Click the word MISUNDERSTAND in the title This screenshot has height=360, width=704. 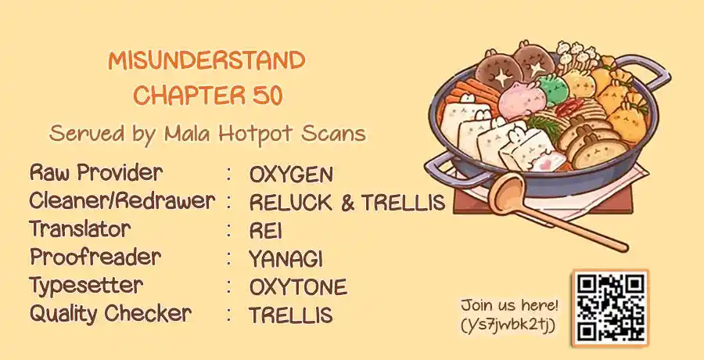(x=207, y=61)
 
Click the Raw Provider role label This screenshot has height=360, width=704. (x=96, y=173)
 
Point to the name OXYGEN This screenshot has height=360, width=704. (x=292, y=175)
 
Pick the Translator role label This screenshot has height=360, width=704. (x=80, y=229)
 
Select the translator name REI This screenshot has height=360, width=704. (x=266, y=231)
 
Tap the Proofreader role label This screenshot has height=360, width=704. (x=95, y=257)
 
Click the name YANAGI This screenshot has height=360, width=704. (x=286, y=259)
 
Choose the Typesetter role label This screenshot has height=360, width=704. (x=86, y=286)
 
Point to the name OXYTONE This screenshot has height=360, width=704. (x=298, y=287)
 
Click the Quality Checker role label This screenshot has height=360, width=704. (x=110, y=314)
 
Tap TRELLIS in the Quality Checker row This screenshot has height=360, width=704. (x=291, y=315)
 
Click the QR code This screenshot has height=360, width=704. (x=611, y=308)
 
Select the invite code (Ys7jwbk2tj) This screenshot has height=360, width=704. (x=508, y=326)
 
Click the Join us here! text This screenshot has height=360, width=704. (x=509, y=306)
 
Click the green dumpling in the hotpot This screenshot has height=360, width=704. (x=553, y=90)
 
